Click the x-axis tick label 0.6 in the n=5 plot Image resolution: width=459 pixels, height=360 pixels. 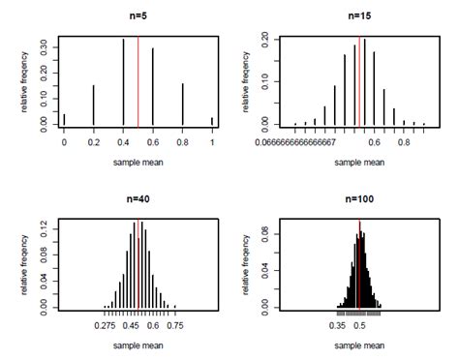(x=153, y=142)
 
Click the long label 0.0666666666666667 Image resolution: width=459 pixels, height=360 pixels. (x=295, y=141)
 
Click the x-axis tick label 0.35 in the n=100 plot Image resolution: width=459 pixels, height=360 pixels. (x=339, y=326)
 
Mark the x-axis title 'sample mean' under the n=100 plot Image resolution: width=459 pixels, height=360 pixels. (x=359, y=345)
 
